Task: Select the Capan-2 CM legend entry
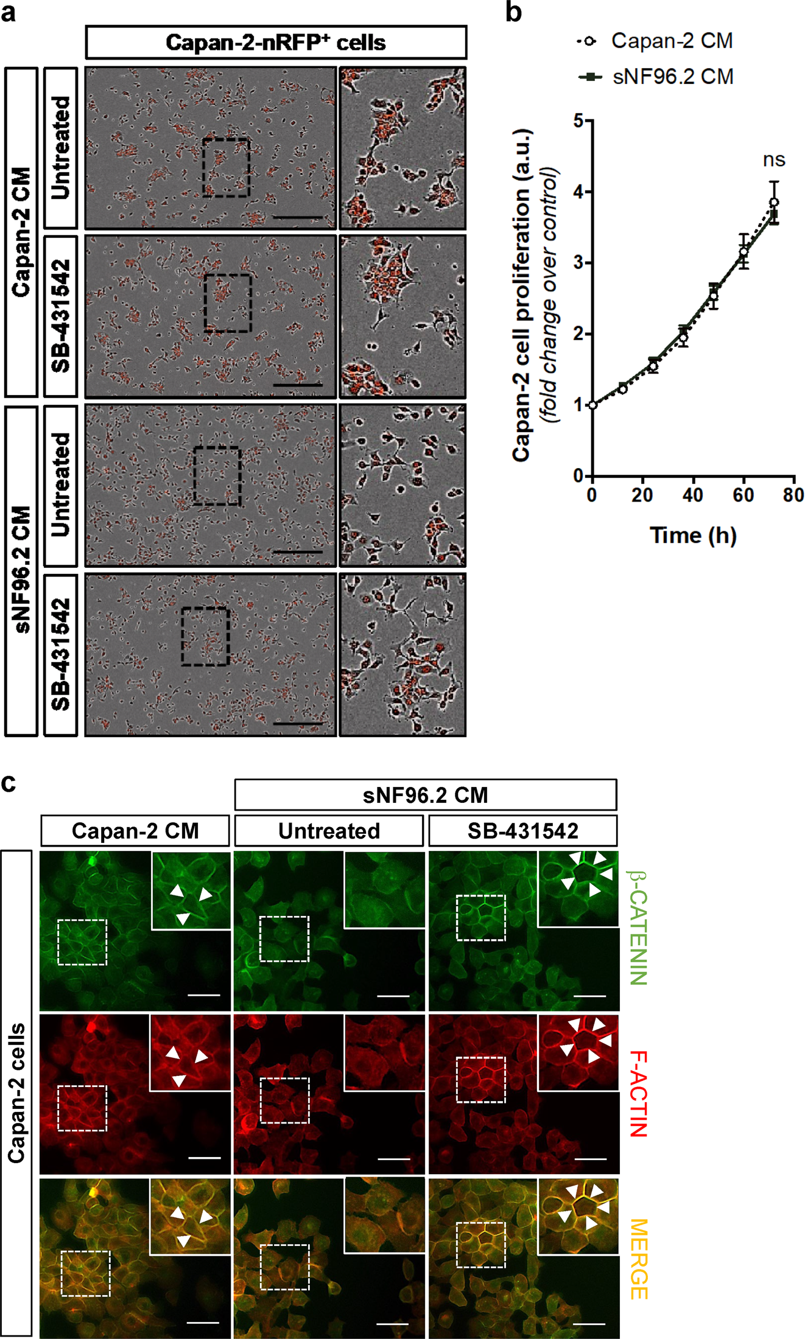click(671, 41)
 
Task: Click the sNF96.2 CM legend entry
click(672, 77)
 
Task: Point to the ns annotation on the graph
click(773, 160)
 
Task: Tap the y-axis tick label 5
click(578, 121)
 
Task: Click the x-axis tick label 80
click(793, 495)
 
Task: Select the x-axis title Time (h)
click(693, 536)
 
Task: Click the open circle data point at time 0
click(592, 405)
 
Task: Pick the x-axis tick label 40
click(692, 495)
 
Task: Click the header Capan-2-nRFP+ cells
click(275, 43)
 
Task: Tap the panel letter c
click(9, 783)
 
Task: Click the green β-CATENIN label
click(638, 928)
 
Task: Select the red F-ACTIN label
click(638, 1093)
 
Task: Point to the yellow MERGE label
click(638, 1259)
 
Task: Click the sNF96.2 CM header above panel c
click(425, 795)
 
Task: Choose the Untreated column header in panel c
click(329, 831)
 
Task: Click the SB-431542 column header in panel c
click(522, 831)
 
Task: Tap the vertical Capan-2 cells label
click(16, 1093)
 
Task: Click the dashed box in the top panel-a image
click(226, 167)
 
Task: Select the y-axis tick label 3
click(578, 263)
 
